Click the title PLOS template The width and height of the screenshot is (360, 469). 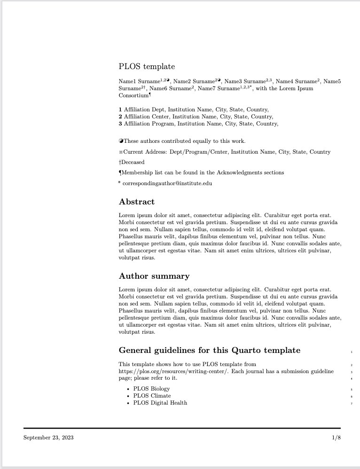pyautogui.click(x=147, y=67)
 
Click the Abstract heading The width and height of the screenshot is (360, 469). pyautogui.click(x=136, y=202)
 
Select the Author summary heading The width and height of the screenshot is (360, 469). pyautogui.click(x=154, y=276)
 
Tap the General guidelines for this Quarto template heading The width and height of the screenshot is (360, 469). pyautogui.click(x=210, y=351)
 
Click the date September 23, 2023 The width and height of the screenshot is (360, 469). pyautogui.click(x=48, y=438)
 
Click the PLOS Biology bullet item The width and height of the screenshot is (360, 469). pyautogui.click(x=151, y=389)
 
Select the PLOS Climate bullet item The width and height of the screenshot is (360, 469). pyautogui.click(x=152, y=396)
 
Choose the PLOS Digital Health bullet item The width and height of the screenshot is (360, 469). pyautogui.click(x=160, y=403)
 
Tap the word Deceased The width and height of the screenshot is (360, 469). pyautogui.click(x=133, y=162)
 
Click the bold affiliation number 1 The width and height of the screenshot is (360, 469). pyautogui.click(x=120, y=109)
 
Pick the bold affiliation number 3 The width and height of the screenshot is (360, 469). pyautogui.click(x=120, y=124)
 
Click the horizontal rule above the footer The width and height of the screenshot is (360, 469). pyautogui.click(x=182, y=429)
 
